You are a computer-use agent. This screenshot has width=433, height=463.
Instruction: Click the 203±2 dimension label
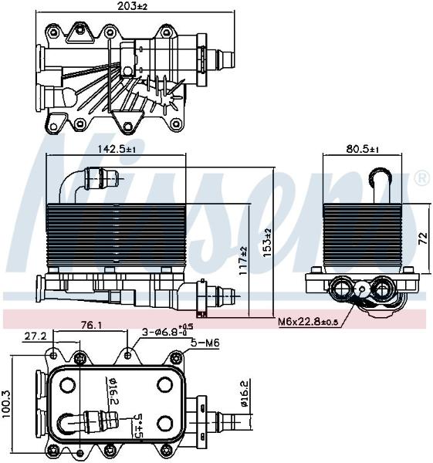click(x=132, y=6)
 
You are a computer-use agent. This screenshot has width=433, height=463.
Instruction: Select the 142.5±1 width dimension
click(x=117, y=149)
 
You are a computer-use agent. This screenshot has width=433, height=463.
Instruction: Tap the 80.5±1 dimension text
click(x=363, y=149)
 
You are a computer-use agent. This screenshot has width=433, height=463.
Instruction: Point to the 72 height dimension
click(x=423, y=238)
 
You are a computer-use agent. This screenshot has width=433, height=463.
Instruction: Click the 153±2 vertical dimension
click(x=267, y=243)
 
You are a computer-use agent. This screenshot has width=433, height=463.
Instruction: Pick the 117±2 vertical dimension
click(x=243, y=261)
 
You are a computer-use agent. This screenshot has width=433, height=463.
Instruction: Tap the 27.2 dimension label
click(x=36, y=336)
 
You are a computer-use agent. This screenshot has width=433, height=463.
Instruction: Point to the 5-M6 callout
click(x=205, y=343)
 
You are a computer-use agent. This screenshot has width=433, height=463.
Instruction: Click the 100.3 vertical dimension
click(x=6, y=404)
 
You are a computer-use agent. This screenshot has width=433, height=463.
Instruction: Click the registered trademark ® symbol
click(x=422, y=179)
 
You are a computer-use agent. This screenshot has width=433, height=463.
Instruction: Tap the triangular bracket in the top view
click(x=79, y=34)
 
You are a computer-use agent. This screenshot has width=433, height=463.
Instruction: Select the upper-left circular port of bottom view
click(x=68, y=385)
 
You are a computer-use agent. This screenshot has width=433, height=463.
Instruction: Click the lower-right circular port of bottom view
click(x=165, y=424)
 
